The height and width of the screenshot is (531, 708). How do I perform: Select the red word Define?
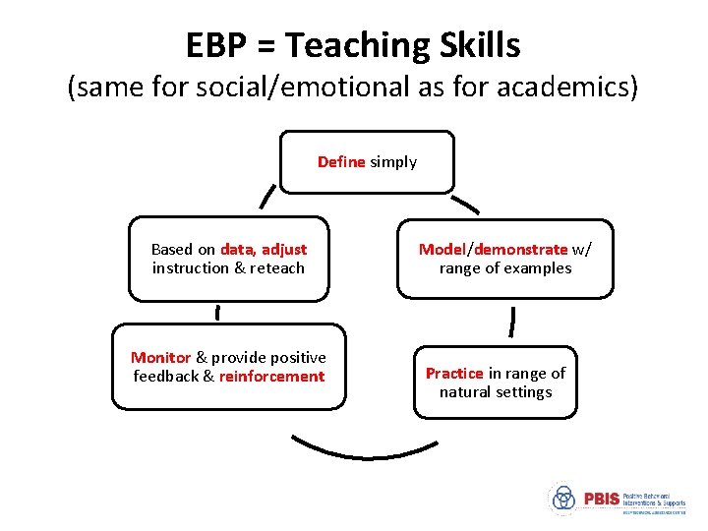coord(341,162)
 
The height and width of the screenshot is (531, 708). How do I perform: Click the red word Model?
coord(441,250)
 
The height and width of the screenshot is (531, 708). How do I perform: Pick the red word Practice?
coord(453,374)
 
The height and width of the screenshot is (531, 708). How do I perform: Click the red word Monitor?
coord(162,358)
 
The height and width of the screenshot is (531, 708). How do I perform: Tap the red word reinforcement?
coord(271,377)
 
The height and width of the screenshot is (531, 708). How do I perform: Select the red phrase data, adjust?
coord(264,250)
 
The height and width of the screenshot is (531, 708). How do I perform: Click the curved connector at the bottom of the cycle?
coord(364,449)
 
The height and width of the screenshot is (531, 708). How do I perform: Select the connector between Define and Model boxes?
coord(464,205)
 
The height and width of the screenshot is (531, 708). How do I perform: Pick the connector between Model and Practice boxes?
coord(511,320)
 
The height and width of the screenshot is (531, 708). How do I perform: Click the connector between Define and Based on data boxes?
coord(265,198)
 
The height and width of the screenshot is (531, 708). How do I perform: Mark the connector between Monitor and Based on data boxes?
coord(216,313)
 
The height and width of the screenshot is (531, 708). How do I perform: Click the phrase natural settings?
coord(496,392)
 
